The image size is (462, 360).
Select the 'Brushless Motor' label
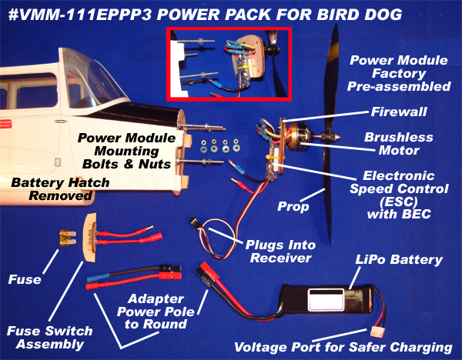coord(398,144)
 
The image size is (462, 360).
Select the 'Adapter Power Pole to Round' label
coord(154,311)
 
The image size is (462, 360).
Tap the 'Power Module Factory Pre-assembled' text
coord(398,73)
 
